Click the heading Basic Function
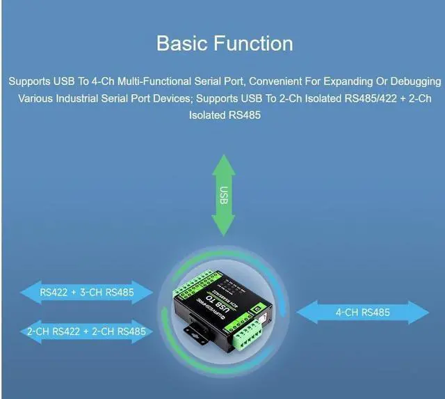pyautogui.click(x=224, y=43)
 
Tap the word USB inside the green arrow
pyautogui.click(x=224, y=196)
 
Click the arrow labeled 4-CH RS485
pyautogui.click(x=362, y=313)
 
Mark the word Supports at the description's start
pyautogui.click(x=29, y=81)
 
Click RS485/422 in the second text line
pyautogui.click(x=371, y=98)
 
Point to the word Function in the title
pyautogui.click(x=252, y=43)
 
